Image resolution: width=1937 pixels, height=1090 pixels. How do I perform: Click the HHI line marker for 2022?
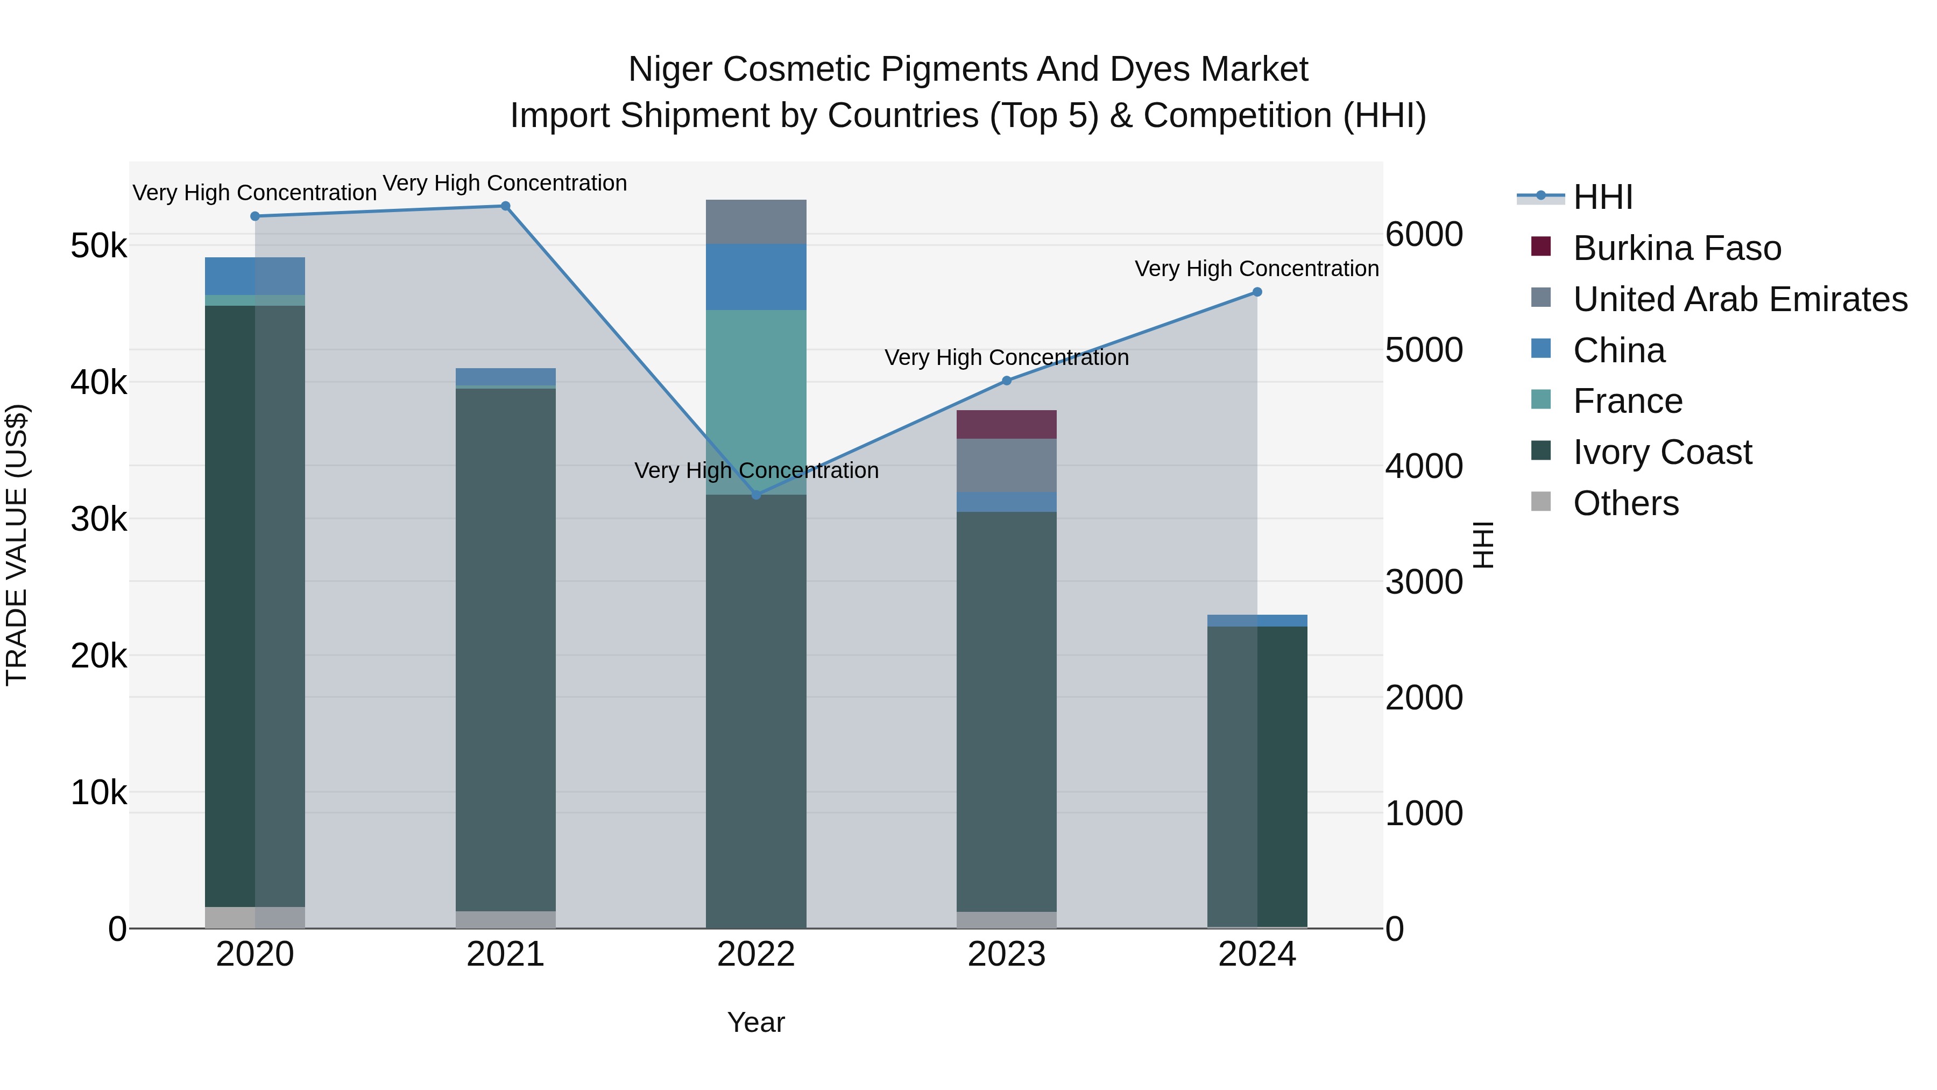pyautogui.click(x=757, y=495)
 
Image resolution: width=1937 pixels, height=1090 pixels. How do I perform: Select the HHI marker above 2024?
pyautogui.click(x=1257, y=292)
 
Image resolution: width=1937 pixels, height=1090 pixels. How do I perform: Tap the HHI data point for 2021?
pyautogui.click(x=505, y=206)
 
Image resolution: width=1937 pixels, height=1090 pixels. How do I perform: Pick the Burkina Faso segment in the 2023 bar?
pyautogui.click(x=1006, y=424)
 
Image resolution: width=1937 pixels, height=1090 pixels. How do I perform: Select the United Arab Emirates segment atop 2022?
pyautogui.click(x=756, y=222)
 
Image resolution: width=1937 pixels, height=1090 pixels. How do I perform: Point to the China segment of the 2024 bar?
pyautogui.click(x=1257, y=621)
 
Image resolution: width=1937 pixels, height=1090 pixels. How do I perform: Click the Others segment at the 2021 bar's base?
pyautogui.click(x=505, y=919)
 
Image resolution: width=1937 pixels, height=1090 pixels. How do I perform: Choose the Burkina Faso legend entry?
pyautogui.click(x=1677, y=248)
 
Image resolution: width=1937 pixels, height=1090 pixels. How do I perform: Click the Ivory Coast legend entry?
pyautogui.click(x=1662, y=452)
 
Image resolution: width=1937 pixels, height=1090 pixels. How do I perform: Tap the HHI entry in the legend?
pyautogui.click(x=1602, y=197)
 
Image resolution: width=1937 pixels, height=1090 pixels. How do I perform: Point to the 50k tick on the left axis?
pyautogui.click(x=98, y=246)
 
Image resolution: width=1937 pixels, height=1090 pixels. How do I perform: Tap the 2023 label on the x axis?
pyautogui.click(x=1006, y=954)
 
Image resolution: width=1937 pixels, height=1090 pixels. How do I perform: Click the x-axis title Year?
pyautogui.click(x=756, y=1022)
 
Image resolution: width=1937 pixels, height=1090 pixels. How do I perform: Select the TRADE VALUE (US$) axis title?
pyautogui.click(x=17, y=545)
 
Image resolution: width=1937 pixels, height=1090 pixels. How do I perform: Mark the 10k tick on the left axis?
pyautogui.click(x=98, y=792)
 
